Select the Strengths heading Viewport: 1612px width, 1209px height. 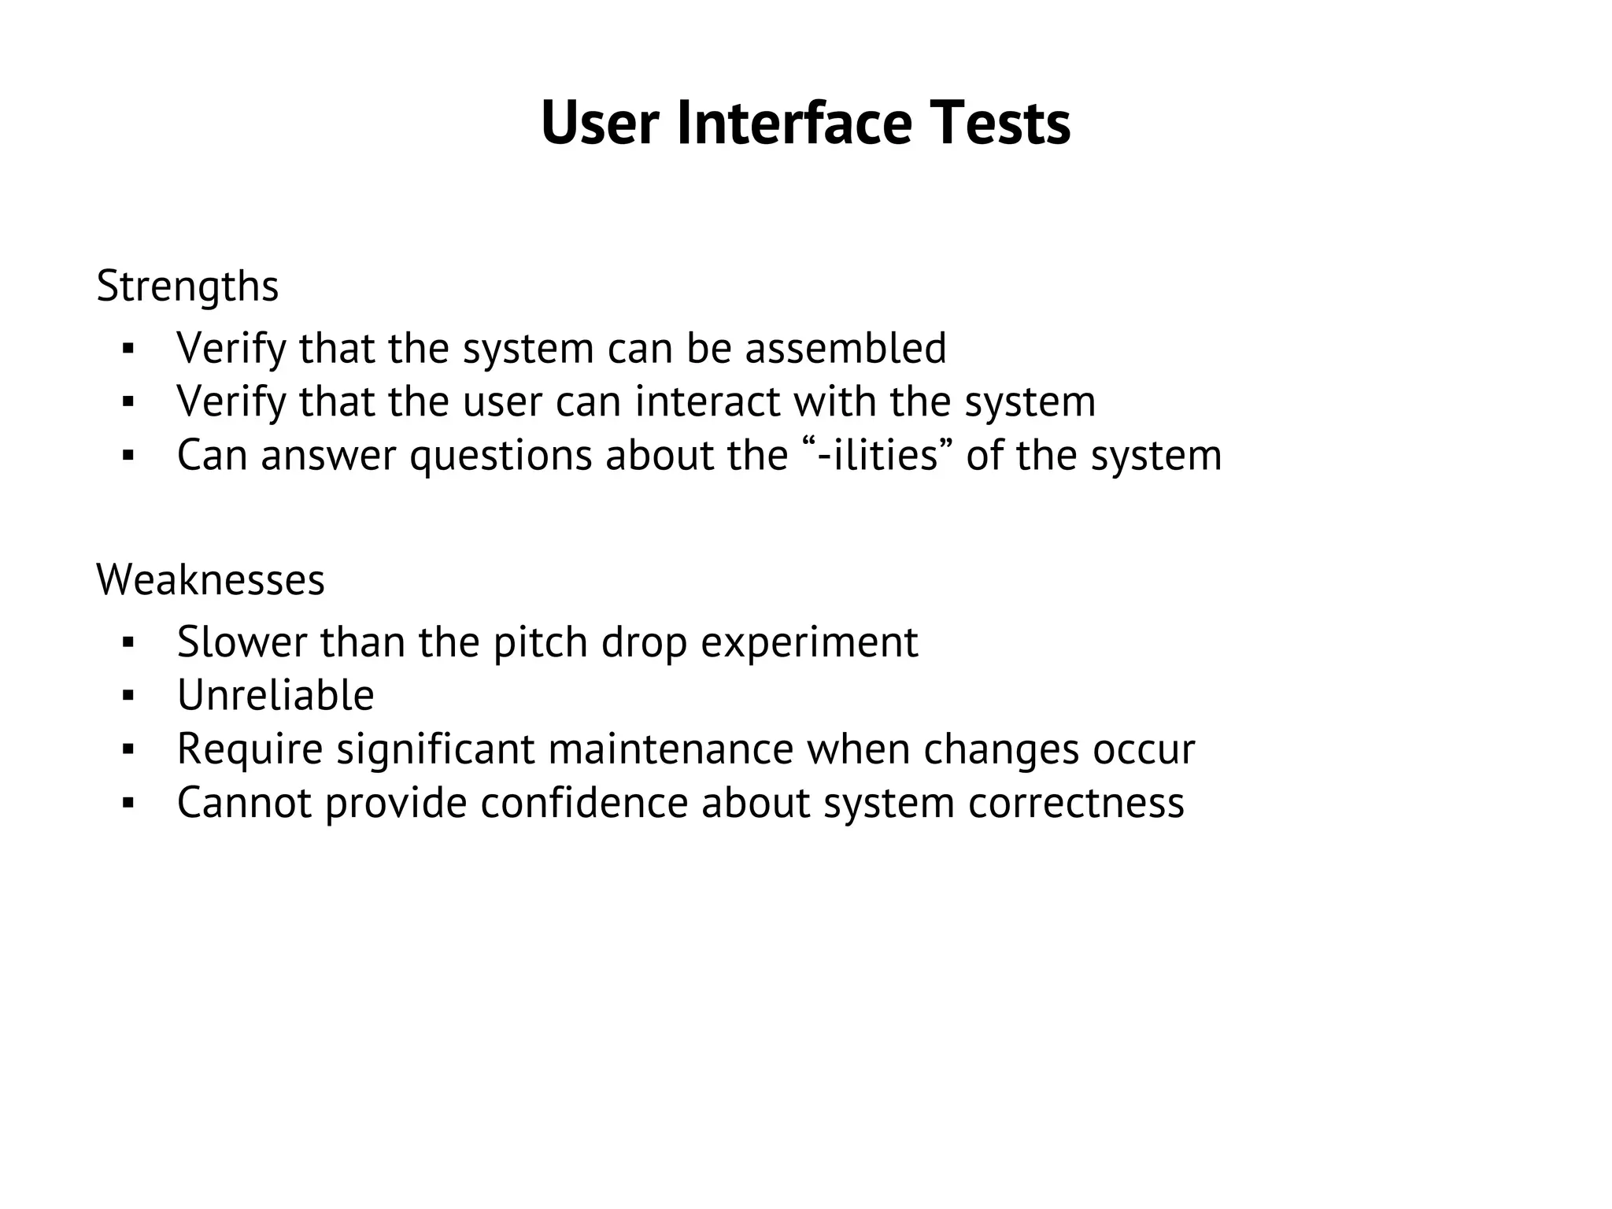[x=187, y=287]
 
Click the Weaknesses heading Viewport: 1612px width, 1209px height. [x=210, y=580]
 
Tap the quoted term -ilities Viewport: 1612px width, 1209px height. [x=878, y=455]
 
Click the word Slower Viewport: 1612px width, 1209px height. [x=242, y=642]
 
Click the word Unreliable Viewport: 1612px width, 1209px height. [x=275, y=696]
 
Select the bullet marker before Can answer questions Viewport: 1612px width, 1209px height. [x=129, y=456]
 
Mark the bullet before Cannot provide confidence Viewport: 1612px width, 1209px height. [x=129, y=804]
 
